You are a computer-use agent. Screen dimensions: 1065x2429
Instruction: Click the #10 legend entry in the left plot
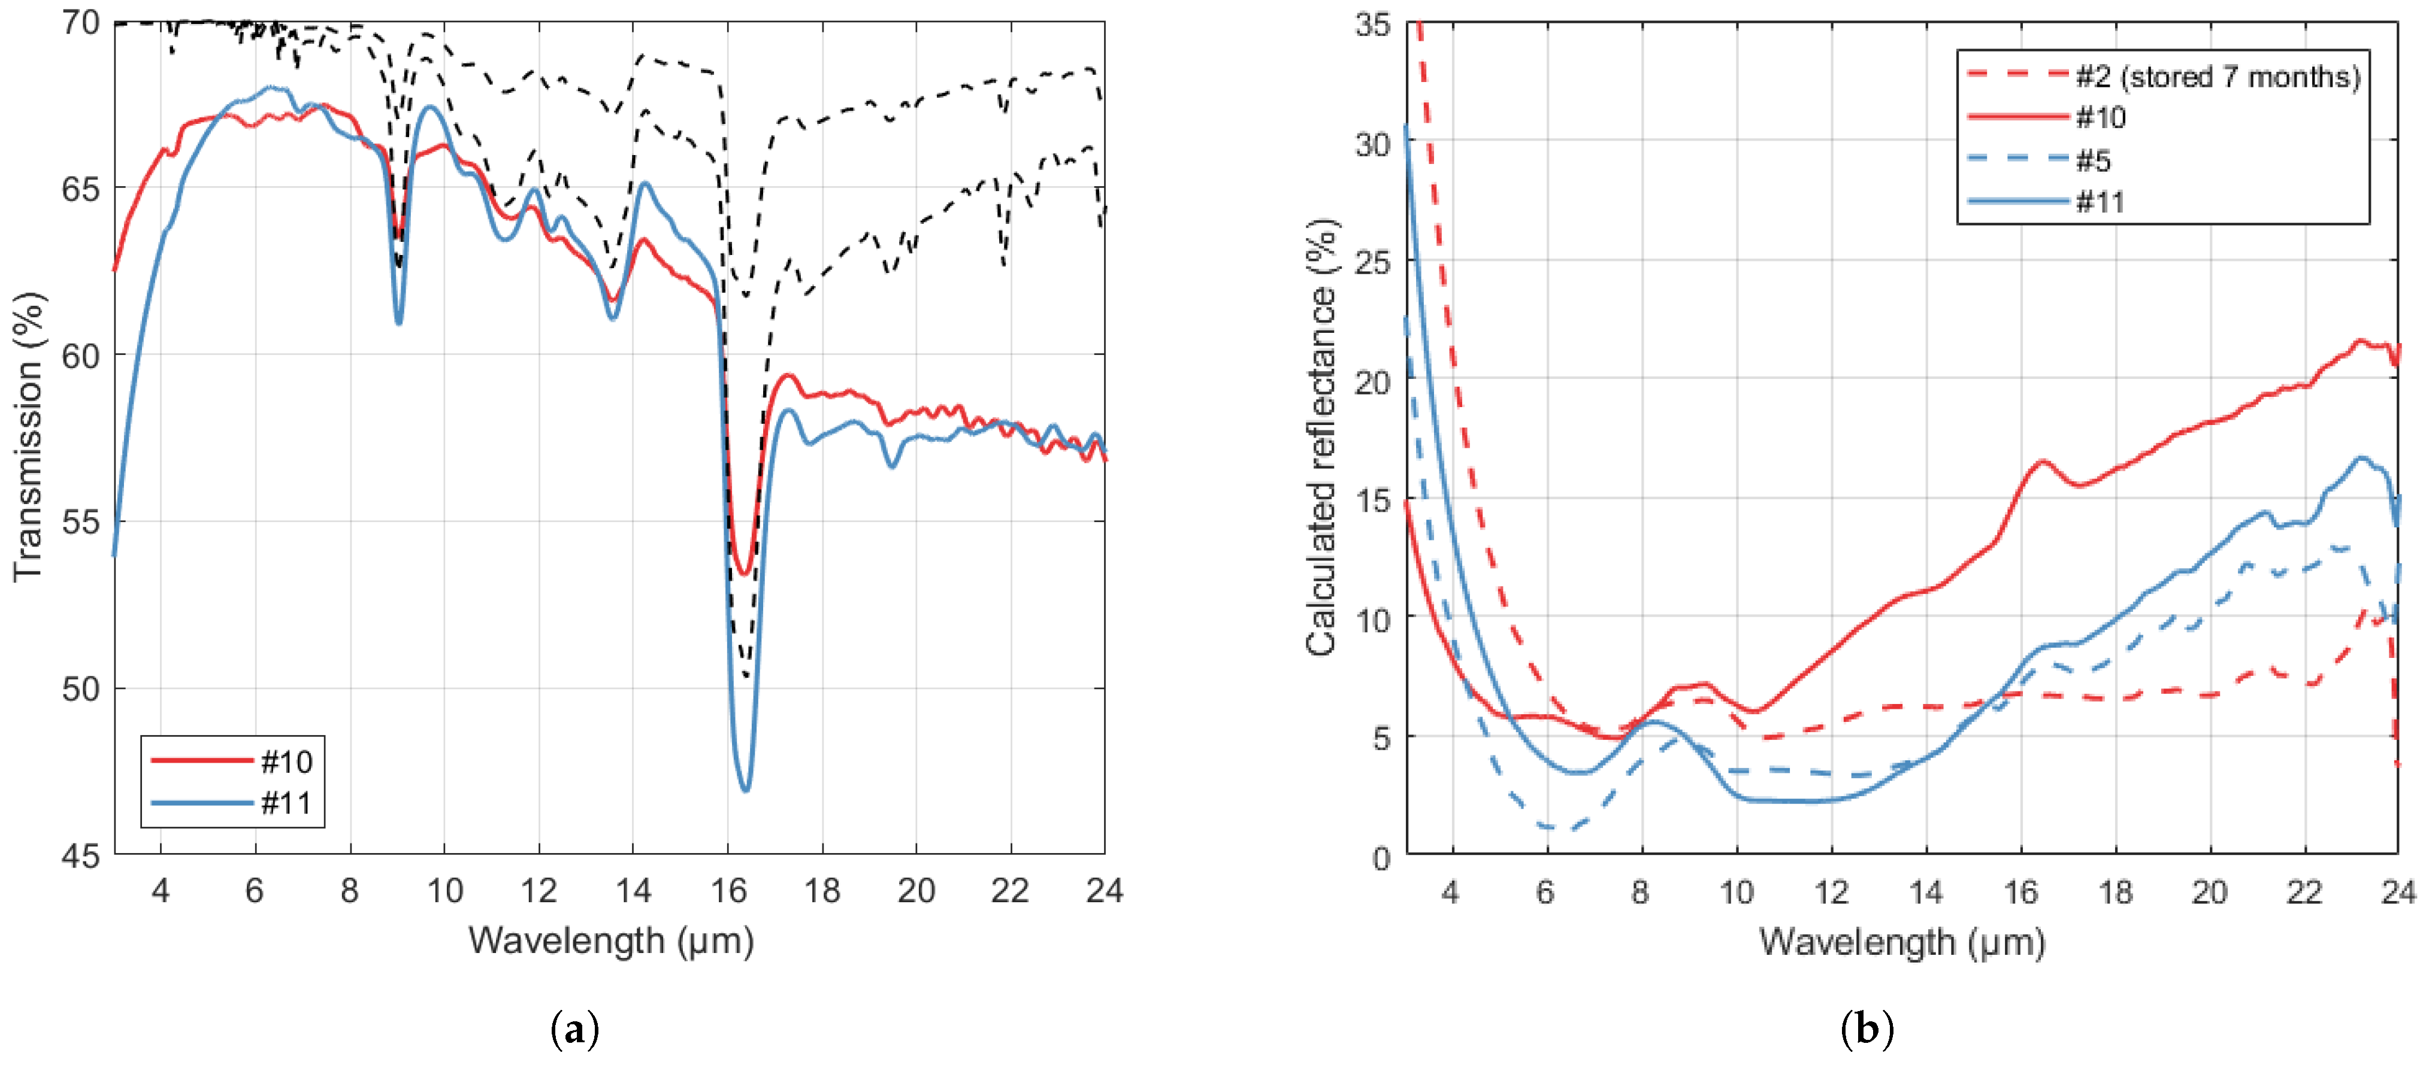(x=286, y=760)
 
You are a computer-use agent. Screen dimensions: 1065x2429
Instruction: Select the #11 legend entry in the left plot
(x=286, y=803)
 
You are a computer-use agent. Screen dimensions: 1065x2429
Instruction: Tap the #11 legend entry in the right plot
(x=2100, y=202)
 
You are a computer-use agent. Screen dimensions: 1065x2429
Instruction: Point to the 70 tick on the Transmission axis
(x=81, y=23)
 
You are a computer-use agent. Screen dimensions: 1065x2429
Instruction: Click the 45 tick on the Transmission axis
(x=81, y=855)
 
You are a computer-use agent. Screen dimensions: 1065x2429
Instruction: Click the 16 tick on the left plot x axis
(x=728, y=890)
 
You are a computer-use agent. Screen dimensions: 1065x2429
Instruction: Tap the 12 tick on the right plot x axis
(x=1831, y=891)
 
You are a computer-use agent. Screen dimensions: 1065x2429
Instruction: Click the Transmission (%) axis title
(x=28, y=436)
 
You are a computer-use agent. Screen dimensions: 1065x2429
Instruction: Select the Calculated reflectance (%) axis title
(x=1322, y=436)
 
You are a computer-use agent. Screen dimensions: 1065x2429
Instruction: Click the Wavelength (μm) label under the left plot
(x=611, y=940)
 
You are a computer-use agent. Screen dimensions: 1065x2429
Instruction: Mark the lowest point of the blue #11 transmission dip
(x=745, y=790)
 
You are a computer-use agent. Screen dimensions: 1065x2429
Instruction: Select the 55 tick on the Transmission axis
(x=81, y=521)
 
